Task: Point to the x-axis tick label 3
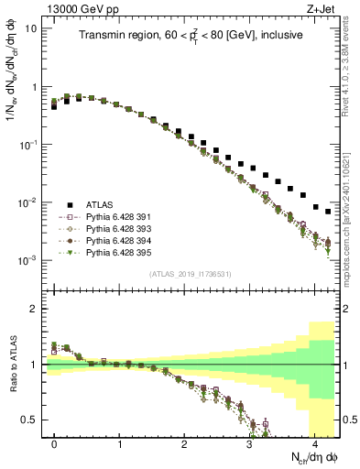pyautogui.click(x=249, y=442)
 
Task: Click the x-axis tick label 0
pyautogui.click(x=55, y=442)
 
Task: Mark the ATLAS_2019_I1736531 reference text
pyautogui.click(x=190, y=275)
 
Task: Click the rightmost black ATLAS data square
pyautogui.click(x=328, y=212)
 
